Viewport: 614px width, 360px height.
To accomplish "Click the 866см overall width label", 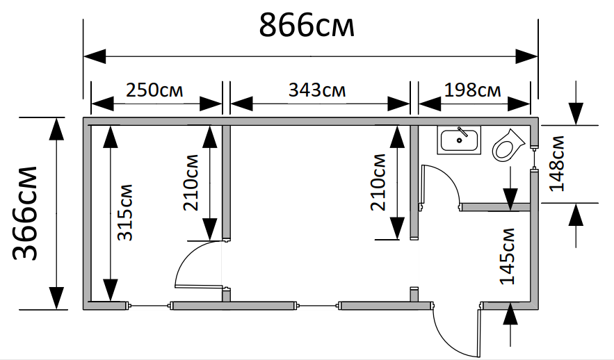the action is click(307, 26).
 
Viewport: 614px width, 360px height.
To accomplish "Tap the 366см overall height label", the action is click(24, 213).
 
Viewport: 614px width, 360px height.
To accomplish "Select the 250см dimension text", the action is click(154, 90).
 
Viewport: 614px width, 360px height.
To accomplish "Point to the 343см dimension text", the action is click(317, 90).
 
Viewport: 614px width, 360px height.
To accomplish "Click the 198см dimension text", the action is click(472, 90).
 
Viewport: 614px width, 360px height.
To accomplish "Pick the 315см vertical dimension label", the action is click(125, 213).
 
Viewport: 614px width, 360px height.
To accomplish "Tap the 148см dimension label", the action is click(557, 163).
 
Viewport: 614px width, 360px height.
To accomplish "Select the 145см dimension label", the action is click(507, 256).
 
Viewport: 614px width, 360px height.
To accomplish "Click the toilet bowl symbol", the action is click(508, 145).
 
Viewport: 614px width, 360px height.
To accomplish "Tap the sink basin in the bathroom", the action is click(460, 140).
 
